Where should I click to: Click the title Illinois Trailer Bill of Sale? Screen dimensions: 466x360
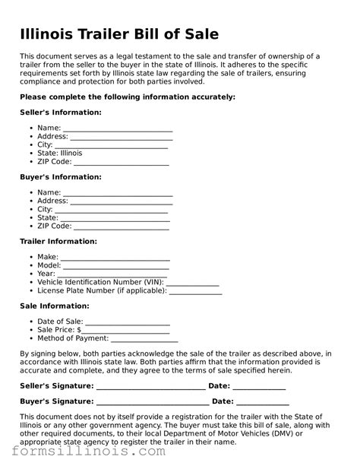click(119, 34)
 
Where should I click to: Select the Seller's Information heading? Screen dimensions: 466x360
click(60, 113)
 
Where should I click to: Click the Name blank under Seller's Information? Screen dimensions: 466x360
click(118, 129)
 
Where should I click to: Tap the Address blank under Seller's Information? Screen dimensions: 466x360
click(122, 138)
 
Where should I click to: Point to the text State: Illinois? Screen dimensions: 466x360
click(60, 153)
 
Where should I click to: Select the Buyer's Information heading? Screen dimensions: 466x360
click(60, 177)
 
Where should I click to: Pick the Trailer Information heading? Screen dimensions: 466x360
click(58, 241)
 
